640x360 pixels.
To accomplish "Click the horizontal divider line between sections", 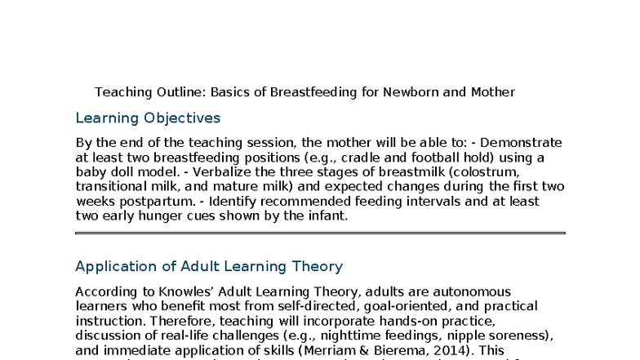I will (x=320, y=233).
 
